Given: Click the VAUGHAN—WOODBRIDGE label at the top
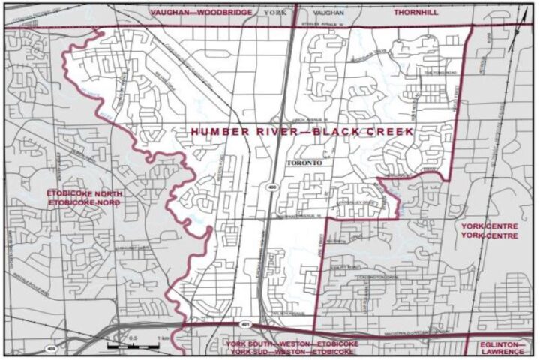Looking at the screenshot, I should pyautogui.click(x=200, y=13).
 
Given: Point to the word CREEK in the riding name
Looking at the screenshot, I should pyautogui.click(x=388, y=132).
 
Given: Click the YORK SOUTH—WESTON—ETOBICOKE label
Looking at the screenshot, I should pyautogui.click(x=290, y=343).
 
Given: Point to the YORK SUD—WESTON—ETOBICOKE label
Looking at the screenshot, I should pyautogui.click(x=290, y=352).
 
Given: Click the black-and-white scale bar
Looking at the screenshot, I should pyautogui.click(x=134, y=347).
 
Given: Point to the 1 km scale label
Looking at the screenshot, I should pyautogui.click(x=160, y=339).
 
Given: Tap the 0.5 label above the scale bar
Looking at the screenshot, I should pyautogui.click(x=133, y=339).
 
